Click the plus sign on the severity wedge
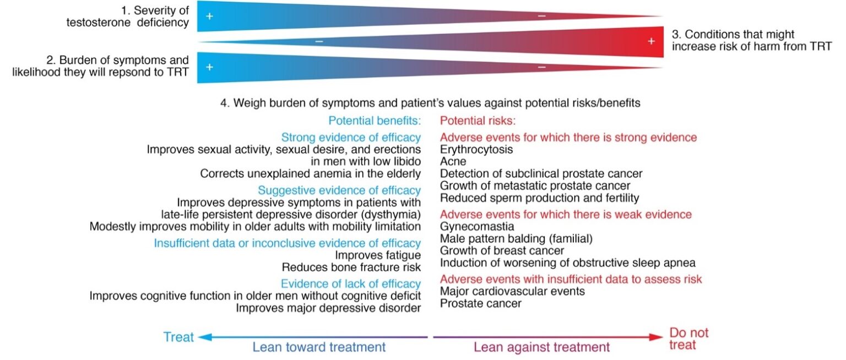click(x=210, y=16)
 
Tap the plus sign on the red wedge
click(x=651, y=41)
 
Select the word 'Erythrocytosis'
click(x=476, y=149)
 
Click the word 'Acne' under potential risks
click(x=453, y=161)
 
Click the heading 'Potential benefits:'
click(x=375, y=121)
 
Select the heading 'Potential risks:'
click(x=478, y=121)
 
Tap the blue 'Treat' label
click(x=178, y=336)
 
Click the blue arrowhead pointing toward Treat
click(x=205, y=337)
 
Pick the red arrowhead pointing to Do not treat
click(x=656, y=337)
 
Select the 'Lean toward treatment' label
click(x=319, y=347)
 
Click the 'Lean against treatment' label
click(x=541, y=347)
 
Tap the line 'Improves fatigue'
click(x=378, y=255)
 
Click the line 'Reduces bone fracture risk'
click(x=351, y=267)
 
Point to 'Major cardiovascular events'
click(x=512, y=291)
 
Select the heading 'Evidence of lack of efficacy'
click(x=350, y=284)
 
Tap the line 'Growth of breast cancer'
click(x=502, y=250)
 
